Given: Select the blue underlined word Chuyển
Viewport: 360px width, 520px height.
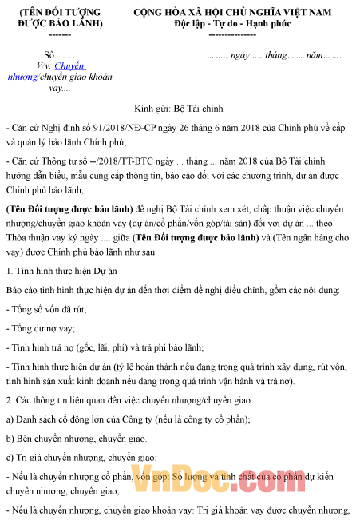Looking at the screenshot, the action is click(x=69, y=67).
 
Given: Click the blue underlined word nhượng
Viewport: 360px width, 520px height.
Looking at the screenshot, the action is click(x=22, y=78).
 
